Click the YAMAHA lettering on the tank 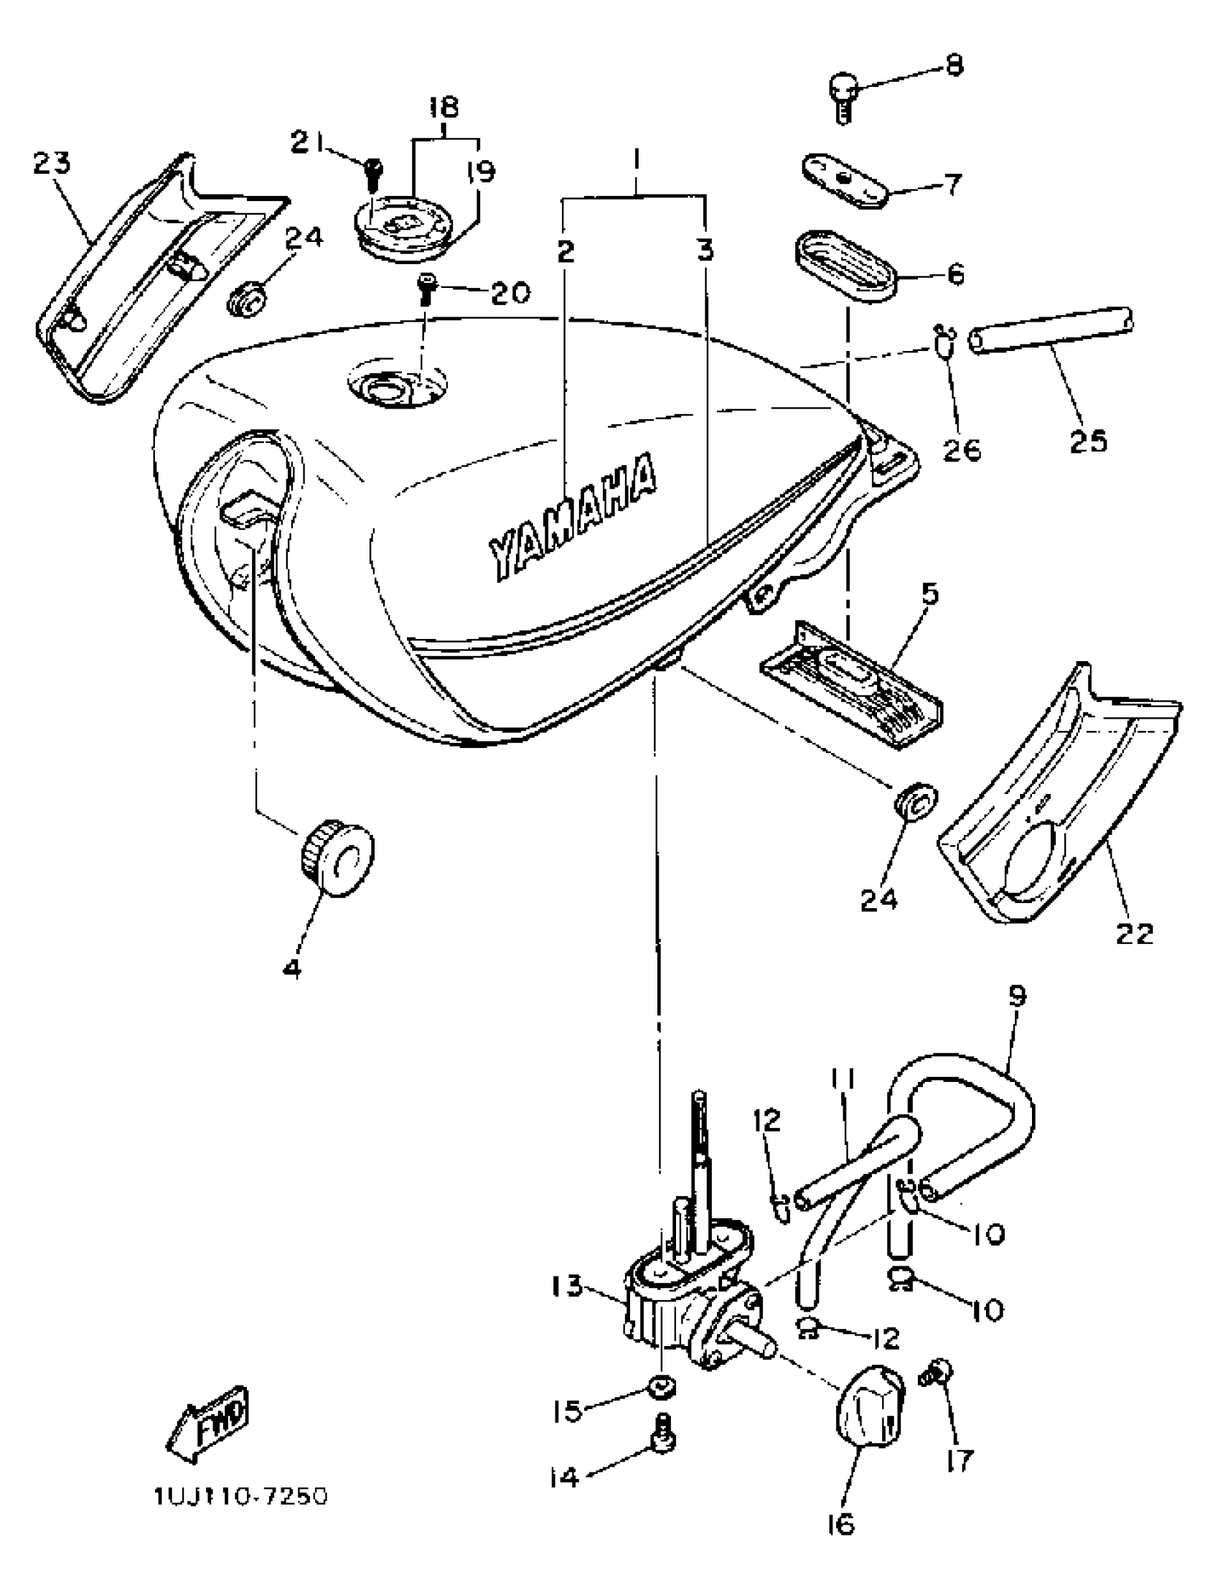(573, 517)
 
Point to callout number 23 (52, 163)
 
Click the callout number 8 (954, 65)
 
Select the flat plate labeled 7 (845, 181)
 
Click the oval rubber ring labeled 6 (843, 265)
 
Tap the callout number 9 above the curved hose (1017, 996)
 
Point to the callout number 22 (1135, 933)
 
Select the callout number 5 (930, 594)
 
